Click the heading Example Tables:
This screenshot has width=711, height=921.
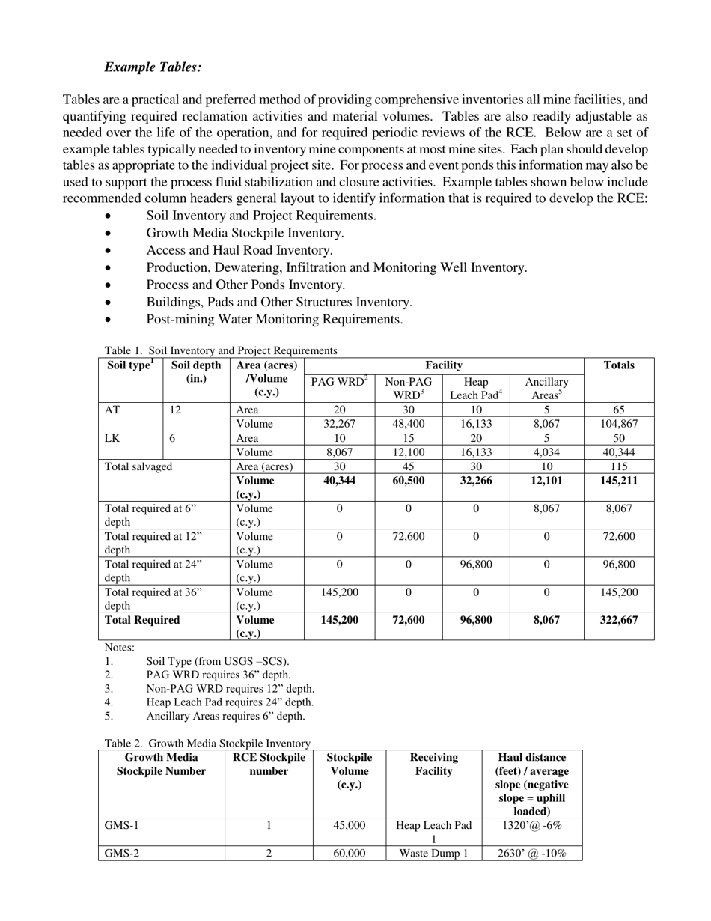click(x=153, y=67)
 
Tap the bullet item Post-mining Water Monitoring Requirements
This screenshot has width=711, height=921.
click(x=274, y=320)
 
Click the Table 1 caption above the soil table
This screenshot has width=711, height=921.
click(x=221, y=350)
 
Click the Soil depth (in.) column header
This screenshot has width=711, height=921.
click(x=196, y=372)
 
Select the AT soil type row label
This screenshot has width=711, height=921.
click(x=112, y=410)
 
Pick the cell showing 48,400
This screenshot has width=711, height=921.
click(x=408, y=424)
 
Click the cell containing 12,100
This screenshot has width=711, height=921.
click(x=408, y=452)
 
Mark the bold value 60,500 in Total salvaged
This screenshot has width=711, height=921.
click(x=408, y=481)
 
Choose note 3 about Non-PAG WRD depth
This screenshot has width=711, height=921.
click(x=230, y=689)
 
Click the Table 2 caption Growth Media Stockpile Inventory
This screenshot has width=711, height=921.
click(x=207, y=744)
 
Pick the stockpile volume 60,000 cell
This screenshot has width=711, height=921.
click(x=349, y=854)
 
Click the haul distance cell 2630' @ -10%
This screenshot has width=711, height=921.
click(x=534, y=854)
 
